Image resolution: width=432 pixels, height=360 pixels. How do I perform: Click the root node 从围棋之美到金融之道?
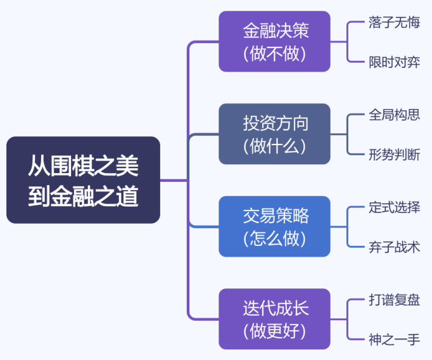coord(83,180)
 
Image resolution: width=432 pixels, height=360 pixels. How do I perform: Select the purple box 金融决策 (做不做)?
coord(274,41)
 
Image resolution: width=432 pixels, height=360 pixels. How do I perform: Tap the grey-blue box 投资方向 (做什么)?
coord(274,134)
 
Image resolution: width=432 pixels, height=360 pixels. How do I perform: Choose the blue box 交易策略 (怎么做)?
coord(274,226)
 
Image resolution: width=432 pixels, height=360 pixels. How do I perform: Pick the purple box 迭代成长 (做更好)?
coord(274,319)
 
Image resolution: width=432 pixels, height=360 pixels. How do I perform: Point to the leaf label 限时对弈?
coord(394,61)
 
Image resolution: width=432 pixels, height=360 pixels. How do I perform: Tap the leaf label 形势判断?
coord(394,154)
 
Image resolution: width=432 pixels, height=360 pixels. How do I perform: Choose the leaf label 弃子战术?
coord(394,247)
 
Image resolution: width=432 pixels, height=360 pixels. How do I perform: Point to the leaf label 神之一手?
coord(394,339)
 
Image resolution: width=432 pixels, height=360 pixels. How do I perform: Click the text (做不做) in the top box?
coord(274,53)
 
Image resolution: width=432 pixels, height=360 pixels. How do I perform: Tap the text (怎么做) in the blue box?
coord(274,238)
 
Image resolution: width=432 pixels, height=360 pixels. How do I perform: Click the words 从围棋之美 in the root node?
coord(83,166)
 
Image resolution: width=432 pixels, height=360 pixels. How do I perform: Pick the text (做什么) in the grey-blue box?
coord(274,146)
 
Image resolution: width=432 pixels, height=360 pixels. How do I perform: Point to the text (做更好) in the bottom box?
coord(274,331)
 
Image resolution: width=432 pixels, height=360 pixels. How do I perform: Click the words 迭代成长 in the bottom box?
coord(274,307)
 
